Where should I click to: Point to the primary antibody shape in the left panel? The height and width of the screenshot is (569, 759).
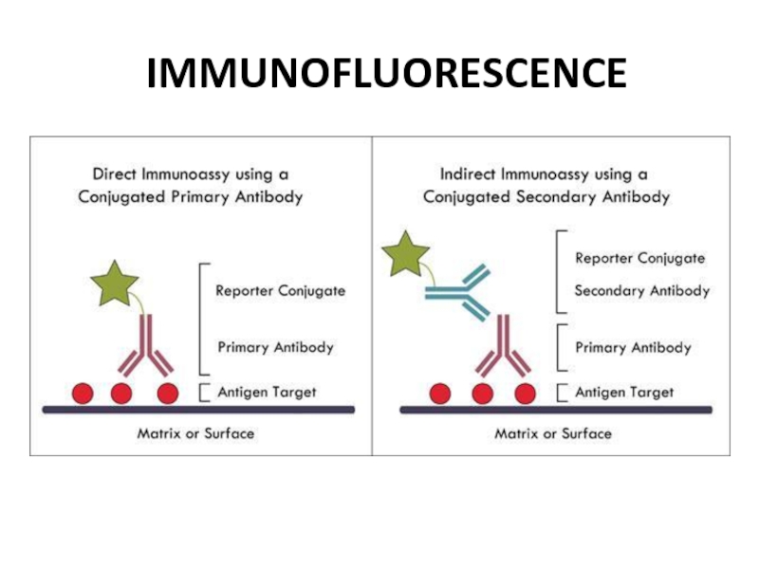(x=146, y=349)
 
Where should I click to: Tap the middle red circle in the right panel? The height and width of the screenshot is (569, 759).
(x=482, y=393)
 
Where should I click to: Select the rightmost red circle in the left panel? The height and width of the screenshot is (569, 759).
(x=167, y=393)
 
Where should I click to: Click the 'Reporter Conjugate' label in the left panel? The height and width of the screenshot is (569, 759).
(x=280, y=291)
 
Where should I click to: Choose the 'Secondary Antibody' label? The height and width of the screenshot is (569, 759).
(x=641, y=290)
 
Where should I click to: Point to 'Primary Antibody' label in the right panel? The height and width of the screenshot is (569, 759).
(x=633, y=347)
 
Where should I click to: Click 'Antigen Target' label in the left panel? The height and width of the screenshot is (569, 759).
(x=267, y=392)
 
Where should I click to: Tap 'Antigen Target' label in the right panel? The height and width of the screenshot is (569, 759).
(x=624, y=392)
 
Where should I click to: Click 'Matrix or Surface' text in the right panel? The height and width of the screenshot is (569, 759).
(x=553, y=433)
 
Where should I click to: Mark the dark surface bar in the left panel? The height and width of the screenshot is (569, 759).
(x=198, y=410)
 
